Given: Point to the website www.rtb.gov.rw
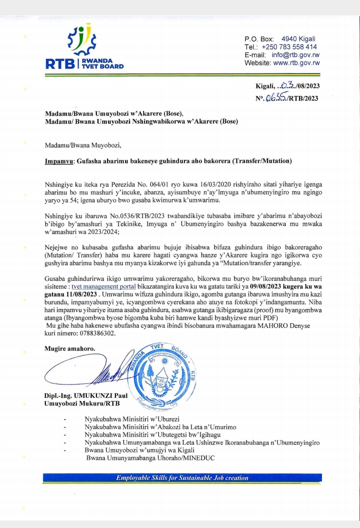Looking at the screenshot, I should coord(296,63).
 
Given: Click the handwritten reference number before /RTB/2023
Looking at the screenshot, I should coord(276,98).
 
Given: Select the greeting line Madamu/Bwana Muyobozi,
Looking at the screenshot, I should coord(83,145).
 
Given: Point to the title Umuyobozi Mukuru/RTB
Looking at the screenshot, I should coord(82,404).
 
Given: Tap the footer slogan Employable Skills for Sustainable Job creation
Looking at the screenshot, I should coord(182,477).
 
